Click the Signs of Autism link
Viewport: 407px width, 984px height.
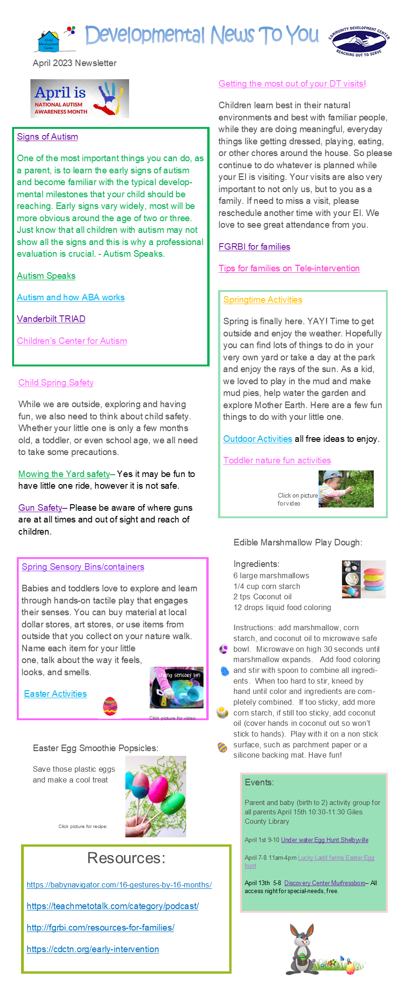pyautogui.click(x=47, y=137)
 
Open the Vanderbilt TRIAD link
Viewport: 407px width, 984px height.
pyautogui.click(x=51, y=319)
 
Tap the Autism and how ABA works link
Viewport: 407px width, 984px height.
pyautogui.click(x=71, y=298)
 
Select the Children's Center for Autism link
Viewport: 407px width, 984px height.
pyautogui.click(x=72, y=341)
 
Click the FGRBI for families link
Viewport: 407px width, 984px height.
pyautogui.click(x=254, y=247)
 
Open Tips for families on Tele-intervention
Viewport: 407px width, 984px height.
pyautogui.click(x=289, y=268)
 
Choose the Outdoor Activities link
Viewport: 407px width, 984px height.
pyautogui.click(x=257, y=439)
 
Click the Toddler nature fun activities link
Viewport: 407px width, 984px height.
pyautogui.click(x=277, y=461)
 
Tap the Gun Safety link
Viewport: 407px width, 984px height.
pyautogui.click(x=40, y=508)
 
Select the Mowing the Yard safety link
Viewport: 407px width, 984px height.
pyautogui.click(x=64, y=474)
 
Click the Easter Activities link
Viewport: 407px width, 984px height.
pyautogui.click(x=55, y=694)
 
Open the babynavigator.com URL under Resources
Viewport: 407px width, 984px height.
pyautogui.click(x=119, y=885)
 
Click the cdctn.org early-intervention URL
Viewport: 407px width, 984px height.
pyautogui.click(x=93, y=949)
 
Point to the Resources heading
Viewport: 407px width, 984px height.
pyautogui.click(x=126, y=858)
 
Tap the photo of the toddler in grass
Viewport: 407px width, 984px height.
pyautogui.click(x=346, y=489)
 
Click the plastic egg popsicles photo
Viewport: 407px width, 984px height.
pyautogui.click(x=155, y=797)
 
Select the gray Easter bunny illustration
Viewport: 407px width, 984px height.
pyautogui.click(x=301, y=949)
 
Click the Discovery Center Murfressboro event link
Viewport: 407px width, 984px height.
pyautogui.click(x=325, y=883)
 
